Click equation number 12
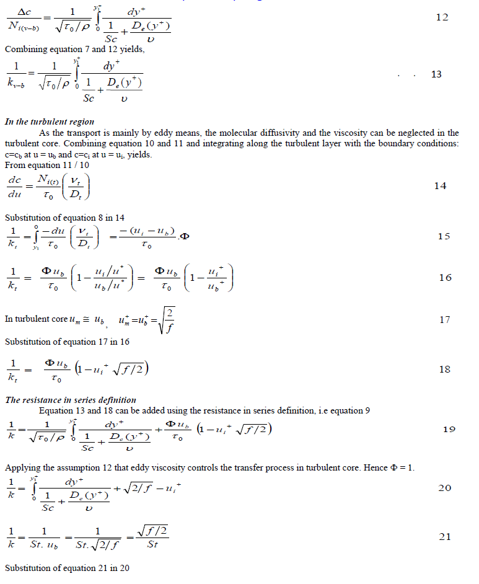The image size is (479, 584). [x=442, y=18]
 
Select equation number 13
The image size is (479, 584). [x=436, y=74]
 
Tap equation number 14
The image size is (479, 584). [x=440, y=186]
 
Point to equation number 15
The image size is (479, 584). [x=444, y=236]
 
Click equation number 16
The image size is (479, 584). [x=445, y=278]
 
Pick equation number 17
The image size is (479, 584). [x=444, y=321]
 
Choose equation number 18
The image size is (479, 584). [x=444, y=369]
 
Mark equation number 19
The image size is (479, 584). [x=450, y=429]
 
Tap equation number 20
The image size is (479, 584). [x=445, y=488]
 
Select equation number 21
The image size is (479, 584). [x=445, y=537]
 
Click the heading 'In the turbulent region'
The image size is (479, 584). [x=50, y=122]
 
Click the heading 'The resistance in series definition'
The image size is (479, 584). [x=71, y=400]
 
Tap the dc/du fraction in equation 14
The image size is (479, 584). [x=14, y=187]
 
